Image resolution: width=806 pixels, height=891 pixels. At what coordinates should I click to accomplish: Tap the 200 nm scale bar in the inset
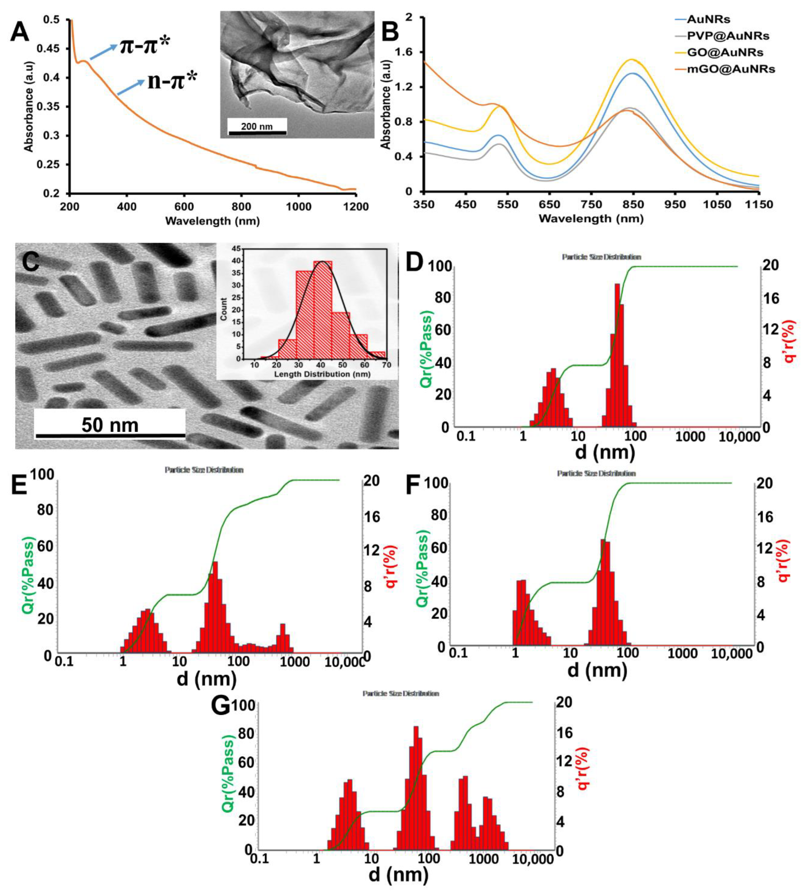[x=257, y=127]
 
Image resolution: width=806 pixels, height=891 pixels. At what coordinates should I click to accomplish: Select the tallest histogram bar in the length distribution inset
[x=322, y=309]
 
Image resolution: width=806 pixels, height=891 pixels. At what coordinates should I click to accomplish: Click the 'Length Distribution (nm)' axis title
[x=322, y=374]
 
